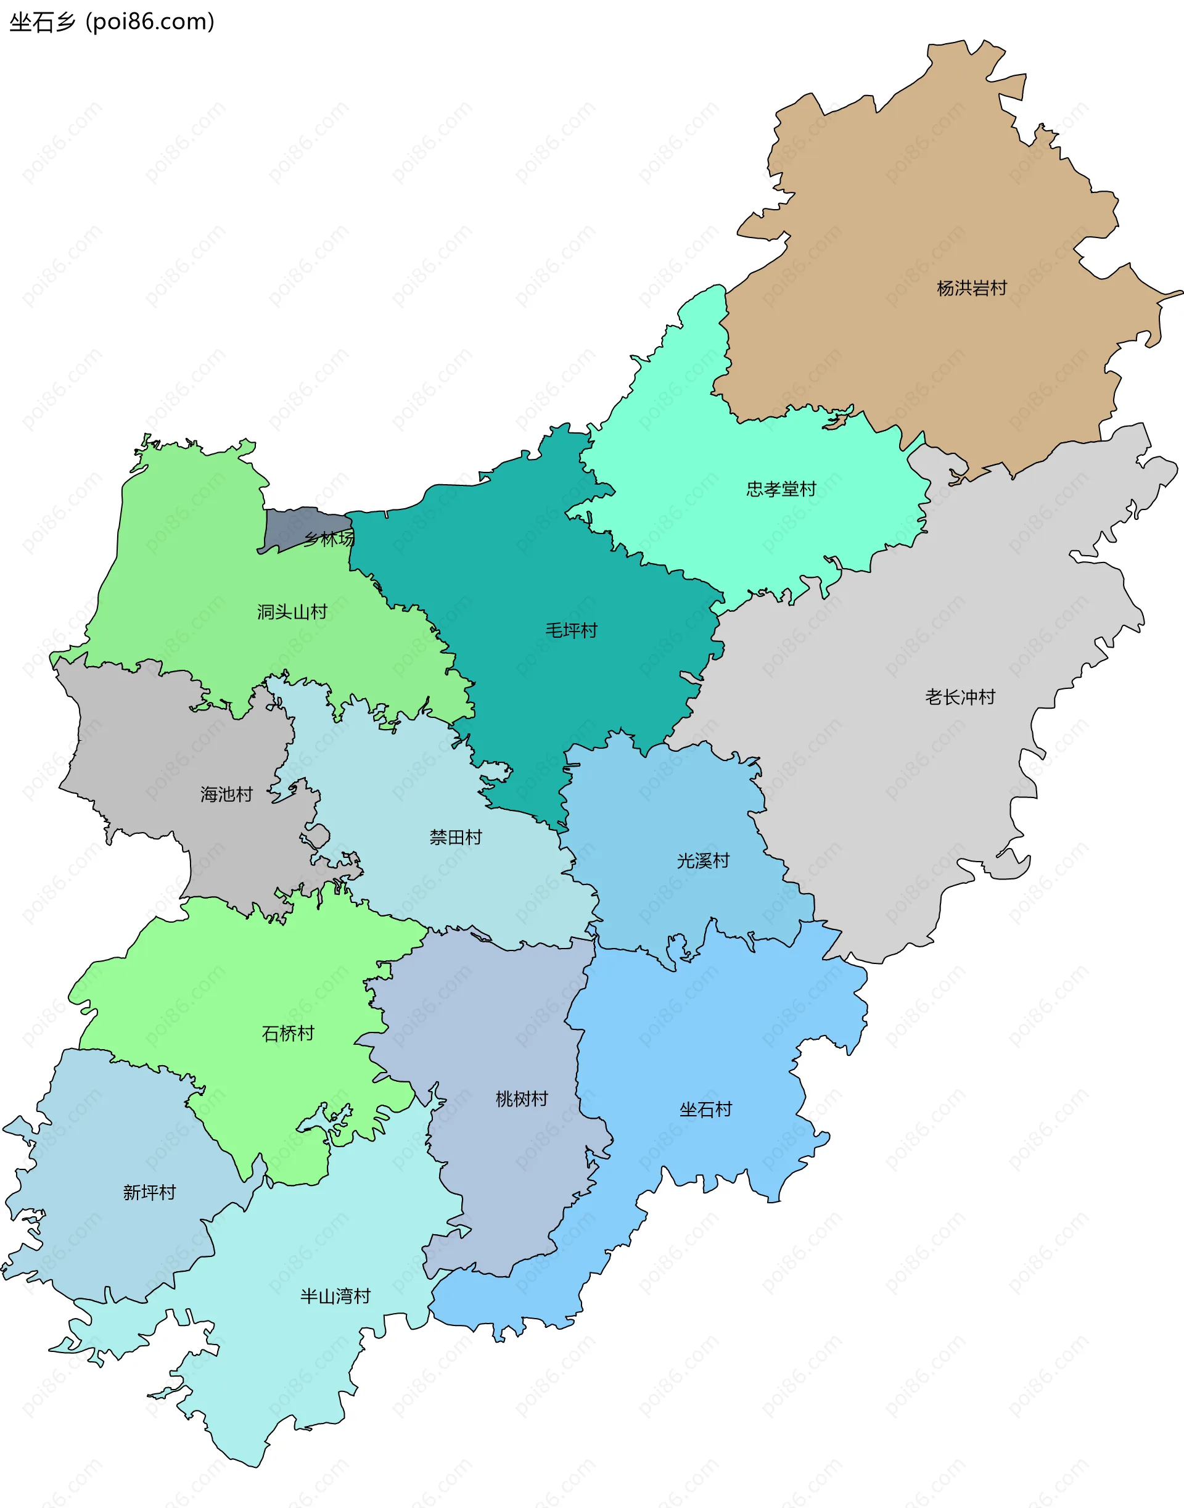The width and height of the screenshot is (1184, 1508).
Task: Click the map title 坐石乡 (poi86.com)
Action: pyautogui.click(x=112, y=22)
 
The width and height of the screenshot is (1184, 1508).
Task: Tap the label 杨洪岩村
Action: pyautogui.click(x=971, y=289)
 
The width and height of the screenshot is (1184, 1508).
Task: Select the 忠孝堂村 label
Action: pyautogui.click(x=781, y=490)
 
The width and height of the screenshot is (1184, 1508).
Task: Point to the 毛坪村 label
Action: pyautogui.click(x=570, y=631)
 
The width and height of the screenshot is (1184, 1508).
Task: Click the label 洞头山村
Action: pyautogui.click(x=292, y=612)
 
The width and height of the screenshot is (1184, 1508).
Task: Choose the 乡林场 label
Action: pyautogui.click(x=329, y=538)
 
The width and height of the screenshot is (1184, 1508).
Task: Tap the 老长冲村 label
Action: pyautogui.click(x=960, y=698)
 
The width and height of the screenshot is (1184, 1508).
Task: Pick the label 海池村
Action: pyautogui.click(x=226, y=794)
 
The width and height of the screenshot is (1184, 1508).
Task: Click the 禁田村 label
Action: pyautogui.click(x=456, y=838)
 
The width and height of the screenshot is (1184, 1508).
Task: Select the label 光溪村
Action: pyautogui.click(x=703, y=861)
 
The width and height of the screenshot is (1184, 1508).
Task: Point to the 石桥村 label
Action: pyautogui.click(x=288, y=1034)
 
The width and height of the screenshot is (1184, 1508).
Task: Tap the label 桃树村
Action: pyautogui.click(x=521, y=1099)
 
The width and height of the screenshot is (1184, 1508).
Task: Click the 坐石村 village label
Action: pyautogui.click(x=705, y=1110)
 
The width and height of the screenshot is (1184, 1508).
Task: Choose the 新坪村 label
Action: pyautogui.click(x=149, y=1193)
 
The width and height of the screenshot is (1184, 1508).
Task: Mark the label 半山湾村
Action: pyautogui.click(x=335, y=1296)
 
